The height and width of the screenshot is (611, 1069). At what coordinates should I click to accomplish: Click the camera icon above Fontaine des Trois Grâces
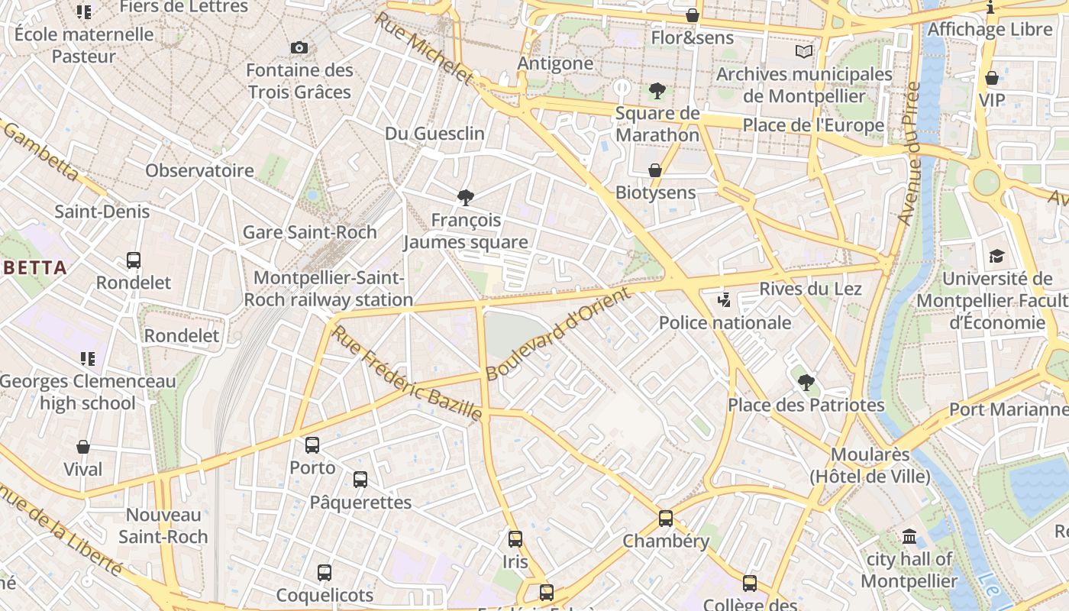(x=299, y=48)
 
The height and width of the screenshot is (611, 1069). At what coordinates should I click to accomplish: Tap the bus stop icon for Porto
(x=312, y=445)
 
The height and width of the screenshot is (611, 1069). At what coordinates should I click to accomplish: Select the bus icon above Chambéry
(x=666, y=519)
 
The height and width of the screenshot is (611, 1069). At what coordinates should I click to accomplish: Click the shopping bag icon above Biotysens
(x=654, y=170)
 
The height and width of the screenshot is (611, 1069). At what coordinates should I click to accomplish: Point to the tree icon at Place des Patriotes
(x=805, y=382)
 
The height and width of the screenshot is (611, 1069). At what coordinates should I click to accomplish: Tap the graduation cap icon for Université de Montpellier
(x=996, y=256)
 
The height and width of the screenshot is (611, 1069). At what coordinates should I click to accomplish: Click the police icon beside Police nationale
(x=724, y=300)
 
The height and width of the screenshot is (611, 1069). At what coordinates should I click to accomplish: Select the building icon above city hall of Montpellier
(x=909, y=537)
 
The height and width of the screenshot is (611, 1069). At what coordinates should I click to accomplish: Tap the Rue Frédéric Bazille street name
(x=408, y=373)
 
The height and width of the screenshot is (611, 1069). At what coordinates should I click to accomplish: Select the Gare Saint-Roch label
(x=309, y=232)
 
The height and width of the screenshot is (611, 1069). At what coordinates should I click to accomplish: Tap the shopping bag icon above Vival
(x=83, y=447)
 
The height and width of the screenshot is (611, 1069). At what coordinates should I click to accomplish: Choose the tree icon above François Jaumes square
(x=465, y=198)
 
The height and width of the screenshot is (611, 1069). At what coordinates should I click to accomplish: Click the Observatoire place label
(x=200, y=170)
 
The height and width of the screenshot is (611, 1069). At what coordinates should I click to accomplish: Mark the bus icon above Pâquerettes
(x=360, y=480)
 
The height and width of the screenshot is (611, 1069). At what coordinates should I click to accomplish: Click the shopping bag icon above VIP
(x=991, y=78)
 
